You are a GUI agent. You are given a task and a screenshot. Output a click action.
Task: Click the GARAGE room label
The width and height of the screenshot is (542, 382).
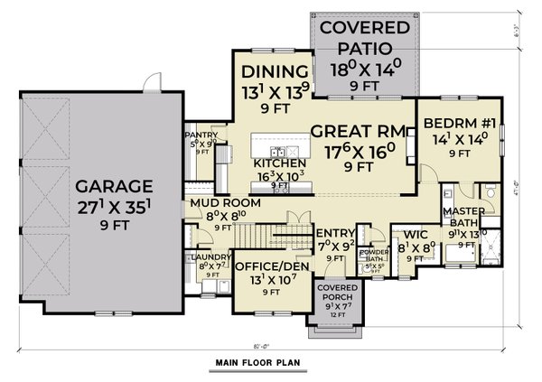[101, 188]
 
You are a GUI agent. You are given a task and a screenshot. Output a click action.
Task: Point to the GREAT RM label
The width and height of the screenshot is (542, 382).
[355, 131]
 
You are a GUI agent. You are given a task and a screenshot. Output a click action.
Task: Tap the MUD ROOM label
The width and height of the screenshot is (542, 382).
[225, 203]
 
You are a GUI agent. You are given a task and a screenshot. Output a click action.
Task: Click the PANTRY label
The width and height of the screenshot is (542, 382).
[198, 132]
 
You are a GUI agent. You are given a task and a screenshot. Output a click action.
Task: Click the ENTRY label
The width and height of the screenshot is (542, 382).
[334, 232]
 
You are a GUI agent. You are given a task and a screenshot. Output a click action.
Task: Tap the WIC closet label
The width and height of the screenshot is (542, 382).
[416, 234]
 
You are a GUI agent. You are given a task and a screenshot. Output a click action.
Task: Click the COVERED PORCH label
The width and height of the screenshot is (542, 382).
[334, 292]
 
